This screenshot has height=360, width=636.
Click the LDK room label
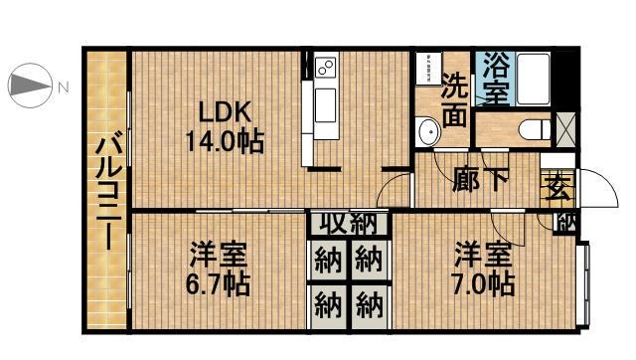click(x=223, y=111)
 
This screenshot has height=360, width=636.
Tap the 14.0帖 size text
click(x=223, y=141)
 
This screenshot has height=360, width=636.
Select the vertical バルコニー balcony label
click(x=105, y=193)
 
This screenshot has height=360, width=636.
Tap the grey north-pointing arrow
click(x=30, y=86)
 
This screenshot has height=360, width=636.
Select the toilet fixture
click(x=531, y=128)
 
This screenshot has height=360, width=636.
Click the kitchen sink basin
click(x=327, y=105)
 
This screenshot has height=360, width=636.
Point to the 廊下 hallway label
click(x=481, y=182)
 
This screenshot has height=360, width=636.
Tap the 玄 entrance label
click(x=556, y=186)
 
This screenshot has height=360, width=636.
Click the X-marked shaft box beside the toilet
click(x=563, y=127)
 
